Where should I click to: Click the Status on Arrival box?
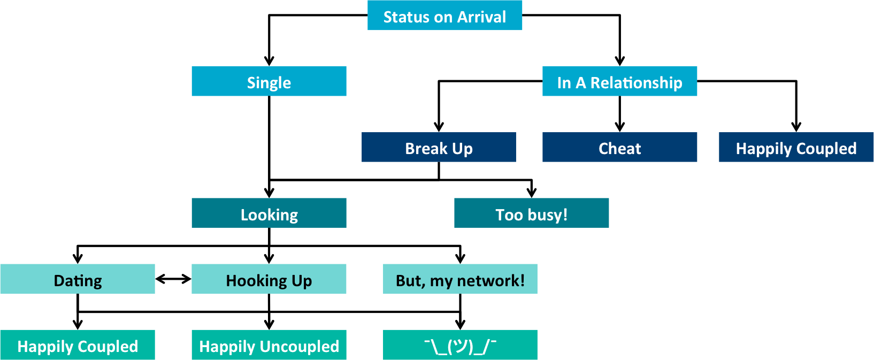pos(444,16)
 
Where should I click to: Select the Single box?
pos(269,81)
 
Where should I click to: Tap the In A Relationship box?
pos(619,81)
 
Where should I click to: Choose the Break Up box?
pos(439,148)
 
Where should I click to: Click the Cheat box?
pos(619,148)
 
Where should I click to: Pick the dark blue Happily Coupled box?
pos(796,148)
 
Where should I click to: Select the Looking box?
pos(269,213)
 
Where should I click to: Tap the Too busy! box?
pos(531,213)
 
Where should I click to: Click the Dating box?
pos(78,279)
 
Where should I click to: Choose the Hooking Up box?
pos(269,279)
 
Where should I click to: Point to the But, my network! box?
pos(460,279)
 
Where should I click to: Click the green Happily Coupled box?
pos(78,345)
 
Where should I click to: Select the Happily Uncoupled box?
pos(269,345)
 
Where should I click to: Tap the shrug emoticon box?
pos(460,345)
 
